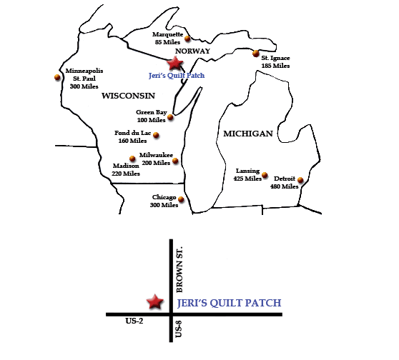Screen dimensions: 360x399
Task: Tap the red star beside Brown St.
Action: click(x=154, y=302)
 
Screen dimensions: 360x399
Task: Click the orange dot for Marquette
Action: click(x=188, y=38)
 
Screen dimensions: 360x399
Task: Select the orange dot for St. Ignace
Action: click(x=255, y=52)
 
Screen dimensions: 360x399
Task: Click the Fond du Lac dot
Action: click(x=156, y=136)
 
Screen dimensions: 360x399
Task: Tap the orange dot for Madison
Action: click(x=132, y=159)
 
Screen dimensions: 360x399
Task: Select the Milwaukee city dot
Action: click(x=175, y=161)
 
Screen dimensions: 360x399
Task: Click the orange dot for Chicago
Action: click(x=182, y=200)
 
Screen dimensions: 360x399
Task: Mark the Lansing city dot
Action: click(x=265, y=175)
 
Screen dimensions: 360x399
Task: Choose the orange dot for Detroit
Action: click(x=300, y=180)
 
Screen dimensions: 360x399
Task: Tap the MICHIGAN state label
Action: click(x=248, y=134)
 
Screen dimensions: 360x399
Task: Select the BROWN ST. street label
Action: click(x=180, y=271)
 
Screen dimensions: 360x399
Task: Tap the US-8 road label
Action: click(x=180, y=330)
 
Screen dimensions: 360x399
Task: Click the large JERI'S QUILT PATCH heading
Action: click(x=228, y=303)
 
